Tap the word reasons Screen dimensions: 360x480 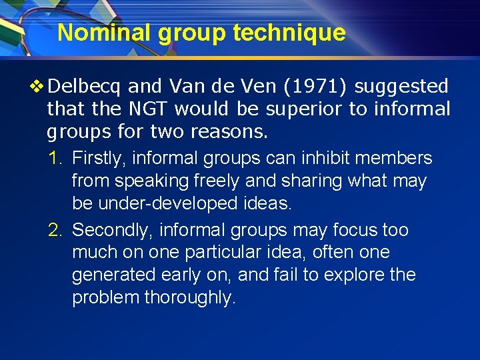point(229,131)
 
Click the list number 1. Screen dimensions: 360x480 point(55,159)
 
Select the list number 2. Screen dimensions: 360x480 point(55,231)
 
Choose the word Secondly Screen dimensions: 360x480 point(110,231)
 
